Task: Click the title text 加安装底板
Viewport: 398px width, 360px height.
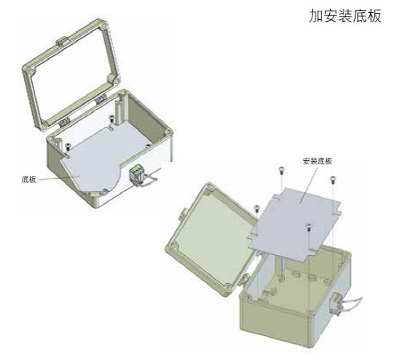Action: pyautogui.click(x=345, y=16)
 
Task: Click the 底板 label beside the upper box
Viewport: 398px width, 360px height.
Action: pyautogui.click(x=29, y=180)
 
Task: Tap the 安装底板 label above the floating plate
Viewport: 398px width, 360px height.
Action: pyautogui.click(x=317, y=161)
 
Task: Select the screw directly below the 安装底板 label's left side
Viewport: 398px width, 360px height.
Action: pyautogui.click(x=281, y=170)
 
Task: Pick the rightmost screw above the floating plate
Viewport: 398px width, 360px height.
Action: pyautogui.click(x=332, y=180)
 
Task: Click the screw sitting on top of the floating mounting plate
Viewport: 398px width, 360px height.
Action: pyautogui.click(x=309, y=227)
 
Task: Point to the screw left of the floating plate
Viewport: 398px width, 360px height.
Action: pyautogui.click(x=256, y=208)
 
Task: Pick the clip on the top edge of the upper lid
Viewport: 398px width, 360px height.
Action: pyautogui.click(x=62, y=41)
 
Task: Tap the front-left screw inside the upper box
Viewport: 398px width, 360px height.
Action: pyautogui.click(x=67, y=146)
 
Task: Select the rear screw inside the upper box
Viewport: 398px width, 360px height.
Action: pyautogui.click(x=112, y=119)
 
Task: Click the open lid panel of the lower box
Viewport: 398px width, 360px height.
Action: pyautogui.click(x=211, y=239)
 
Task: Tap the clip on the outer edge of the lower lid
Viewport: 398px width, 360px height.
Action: pyautogui.click(x=183, y=215)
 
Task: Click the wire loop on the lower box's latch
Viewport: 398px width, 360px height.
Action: pyautogui.click(x=351, y=303)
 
